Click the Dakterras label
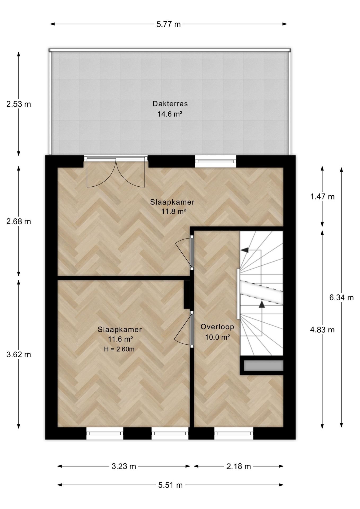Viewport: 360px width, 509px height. pyautogui.click(x=170, y=103)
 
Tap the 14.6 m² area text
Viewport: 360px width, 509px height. pyautogui.click(x=170, y=114)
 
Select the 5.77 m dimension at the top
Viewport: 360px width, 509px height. pyautogui.click(x=169, y=24)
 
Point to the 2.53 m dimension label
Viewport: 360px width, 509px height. pyautogui.click(x=19, y=104)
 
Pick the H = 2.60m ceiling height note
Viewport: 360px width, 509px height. pyautogui.click(x=119, y=349)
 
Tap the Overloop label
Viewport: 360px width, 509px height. pyautogui.click(x=217, y=327)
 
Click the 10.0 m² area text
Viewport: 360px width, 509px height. pyautogui.click(x=217, y=337)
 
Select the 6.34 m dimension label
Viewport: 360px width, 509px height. pyautogui.click(x=341, y=297)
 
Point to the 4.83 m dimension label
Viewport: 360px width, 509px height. pyautogui.click(x=322, y=330)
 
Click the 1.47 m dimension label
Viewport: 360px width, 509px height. pyautogui.click(x=322, y=197)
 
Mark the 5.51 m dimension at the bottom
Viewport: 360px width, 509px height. pyautogui.click(x=170, y=485)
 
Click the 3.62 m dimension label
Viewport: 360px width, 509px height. pyautogui.click(x=19, y=354)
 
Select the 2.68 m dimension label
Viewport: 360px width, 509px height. pyautogui.click(x=19, y=221)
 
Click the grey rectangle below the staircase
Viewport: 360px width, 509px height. pyautogui.click(x=264, y=366)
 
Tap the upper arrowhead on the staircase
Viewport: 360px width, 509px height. pyautogui.click(x=245, y=250)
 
